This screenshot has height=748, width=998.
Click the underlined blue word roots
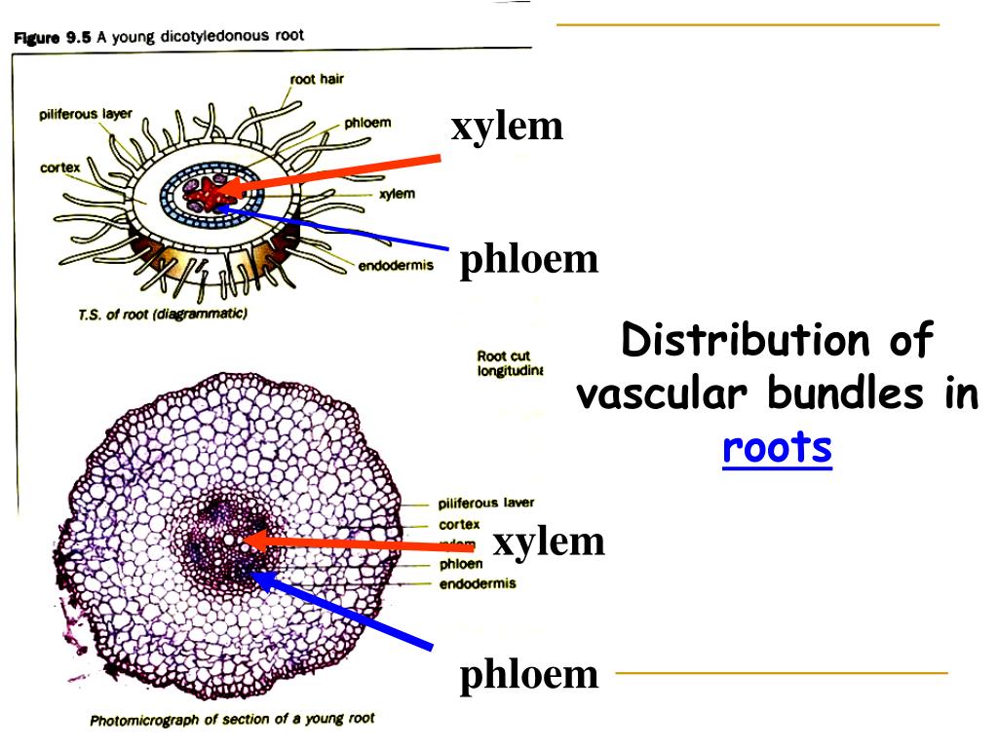(x=777, y=448)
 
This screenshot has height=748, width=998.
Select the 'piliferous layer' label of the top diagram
(x=86, y=114)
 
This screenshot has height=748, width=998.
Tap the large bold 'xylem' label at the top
(x=507, y=127)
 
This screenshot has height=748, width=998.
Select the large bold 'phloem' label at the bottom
(x=529, y=674)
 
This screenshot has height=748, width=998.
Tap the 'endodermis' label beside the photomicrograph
(x=478, y=583)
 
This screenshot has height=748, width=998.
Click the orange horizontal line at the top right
(x=748, y=24)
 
